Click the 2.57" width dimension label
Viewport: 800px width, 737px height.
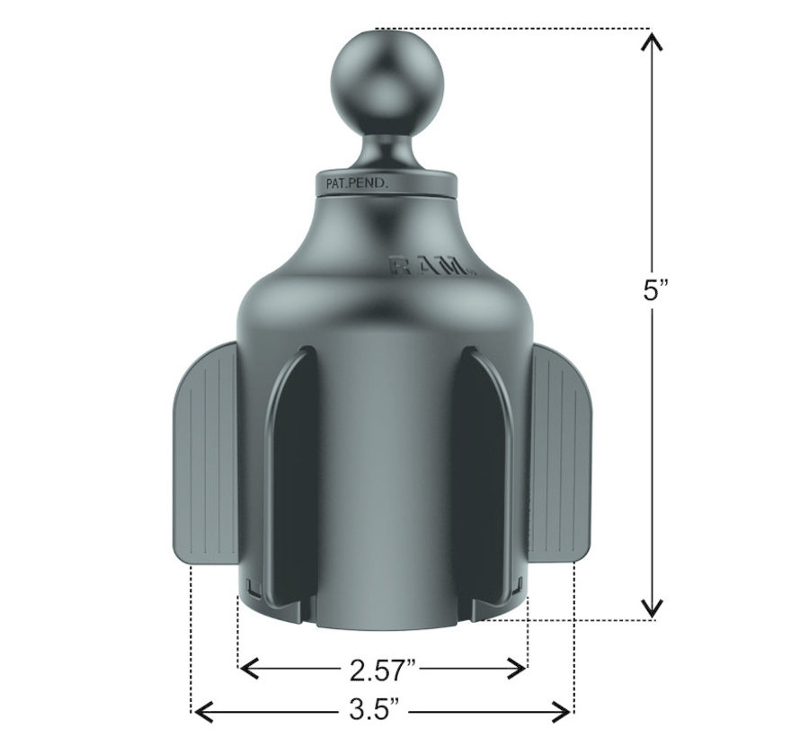(x=383, y=669)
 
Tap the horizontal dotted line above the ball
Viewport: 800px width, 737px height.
(x=503, y=28)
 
